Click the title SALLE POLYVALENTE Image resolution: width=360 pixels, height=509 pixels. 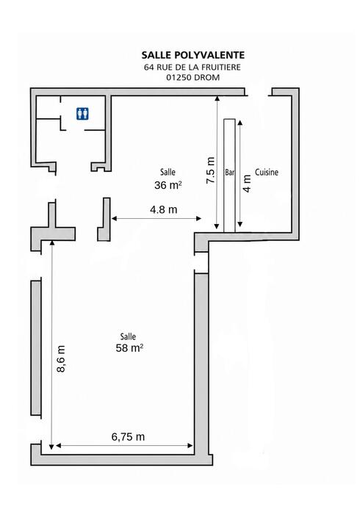coord(192,55)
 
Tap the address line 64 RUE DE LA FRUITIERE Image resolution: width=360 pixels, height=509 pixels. coord(192,67)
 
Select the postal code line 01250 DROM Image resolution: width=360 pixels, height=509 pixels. coord(192,77)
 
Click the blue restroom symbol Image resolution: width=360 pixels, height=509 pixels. coord(83,114)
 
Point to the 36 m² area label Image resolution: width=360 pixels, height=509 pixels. coord(168,185)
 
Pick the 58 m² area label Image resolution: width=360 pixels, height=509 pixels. coord(129,348)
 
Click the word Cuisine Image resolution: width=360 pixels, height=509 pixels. coord(267,172)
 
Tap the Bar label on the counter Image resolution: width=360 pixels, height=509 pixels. coord(229,173)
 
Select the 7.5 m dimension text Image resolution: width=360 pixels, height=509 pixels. coord(211,170)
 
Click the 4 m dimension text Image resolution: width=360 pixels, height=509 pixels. coord(247,184)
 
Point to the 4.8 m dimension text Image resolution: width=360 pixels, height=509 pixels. coord(164,210)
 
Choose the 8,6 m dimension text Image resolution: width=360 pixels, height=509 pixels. coord(61,358)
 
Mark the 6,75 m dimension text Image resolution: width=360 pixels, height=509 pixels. coord(128,437)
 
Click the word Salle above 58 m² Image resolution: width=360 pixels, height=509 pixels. coord(128,336)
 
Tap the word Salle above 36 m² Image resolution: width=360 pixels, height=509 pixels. coord(168,172)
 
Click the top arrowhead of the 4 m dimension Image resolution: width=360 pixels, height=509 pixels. coord(240,123)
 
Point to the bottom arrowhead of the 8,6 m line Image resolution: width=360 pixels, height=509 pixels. coord(51,447)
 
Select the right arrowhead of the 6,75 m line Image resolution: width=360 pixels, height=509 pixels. coord(190,446)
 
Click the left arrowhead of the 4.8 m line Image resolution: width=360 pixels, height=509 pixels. coord(115,218)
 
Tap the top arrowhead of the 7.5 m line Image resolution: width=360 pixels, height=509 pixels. coord(217,98)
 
